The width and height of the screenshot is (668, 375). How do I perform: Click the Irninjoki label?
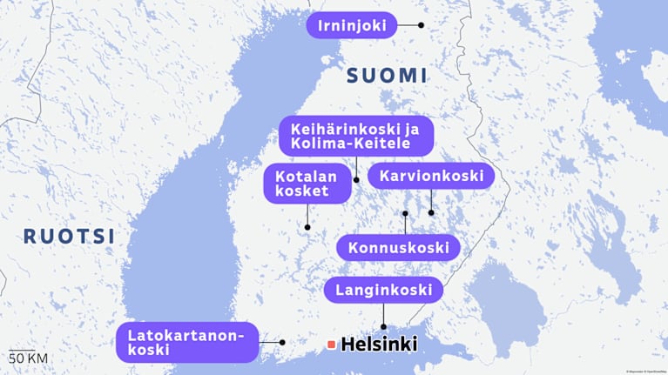351,25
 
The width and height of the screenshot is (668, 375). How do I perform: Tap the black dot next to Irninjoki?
422,25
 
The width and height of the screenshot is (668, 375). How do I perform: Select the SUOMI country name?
388,75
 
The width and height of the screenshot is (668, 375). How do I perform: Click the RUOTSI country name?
69,236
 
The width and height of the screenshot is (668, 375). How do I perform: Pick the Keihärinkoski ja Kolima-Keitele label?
355,136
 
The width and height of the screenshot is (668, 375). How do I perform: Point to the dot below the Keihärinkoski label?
356,179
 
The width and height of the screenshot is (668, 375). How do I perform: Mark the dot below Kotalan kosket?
307,227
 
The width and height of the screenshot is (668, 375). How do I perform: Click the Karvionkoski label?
430,176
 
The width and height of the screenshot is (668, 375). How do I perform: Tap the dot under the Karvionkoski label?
431,212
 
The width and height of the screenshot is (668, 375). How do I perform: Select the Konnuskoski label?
397,248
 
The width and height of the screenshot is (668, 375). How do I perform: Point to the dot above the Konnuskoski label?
405,212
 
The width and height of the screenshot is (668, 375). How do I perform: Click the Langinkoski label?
383,290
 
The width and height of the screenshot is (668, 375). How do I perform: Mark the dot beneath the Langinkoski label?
384,327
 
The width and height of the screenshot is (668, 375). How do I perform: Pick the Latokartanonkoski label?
186,342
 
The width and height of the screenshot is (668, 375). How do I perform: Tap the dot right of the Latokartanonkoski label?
282,342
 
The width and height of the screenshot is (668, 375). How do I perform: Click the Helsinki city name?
379,345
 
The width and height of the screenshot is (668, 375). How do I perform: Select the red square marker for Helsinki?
331,345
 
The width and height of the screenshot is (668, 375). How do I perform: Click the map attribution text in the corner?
644,371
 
